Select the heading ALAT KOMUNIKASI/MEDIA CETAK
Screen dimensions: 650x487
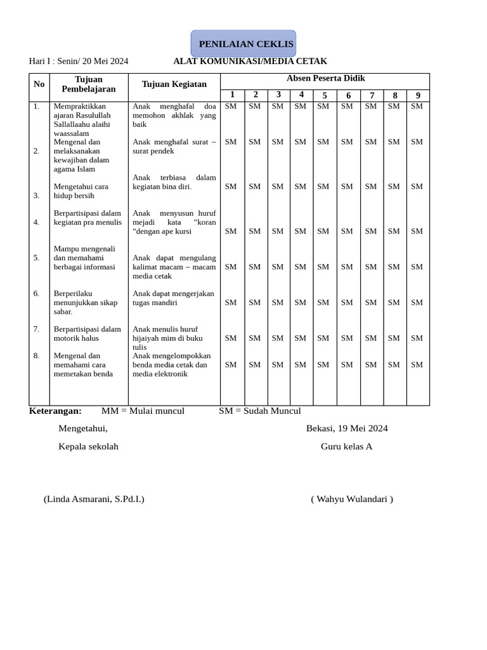coord(250,62)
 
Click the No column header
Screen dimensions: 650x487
coord(39,84)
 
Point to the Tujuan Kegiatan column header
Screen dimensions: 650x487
coord(174,84)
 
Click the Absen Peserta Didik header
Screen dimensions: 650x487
coord(325,79)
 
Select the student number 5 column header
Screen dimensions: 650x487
coord(325,96)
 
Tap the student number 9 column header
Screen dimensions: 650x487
coord(418,96)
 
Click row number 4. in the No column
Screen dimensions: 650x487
coord(37,222)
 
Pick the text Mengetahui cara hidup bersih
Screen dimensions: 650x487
coord(81,191)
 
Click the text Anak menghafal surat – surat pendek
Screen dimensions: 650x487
coord(174,147)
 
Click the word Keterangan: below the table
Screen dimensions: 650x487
coord(55,411)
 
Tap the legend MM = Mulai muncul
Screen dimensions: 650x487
coord(143,411)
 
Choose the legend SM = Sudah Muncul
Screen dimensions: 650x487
coord(260,411)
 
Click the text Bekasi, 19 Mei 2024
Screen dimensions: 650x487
coord(347,428)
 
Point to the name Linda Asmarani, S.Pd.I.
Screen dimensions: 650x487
coord(94,499)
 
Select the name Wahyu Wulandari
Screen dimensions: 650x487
coord(352,499)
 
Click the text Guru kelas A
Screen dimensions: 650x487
coord(346,446)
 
